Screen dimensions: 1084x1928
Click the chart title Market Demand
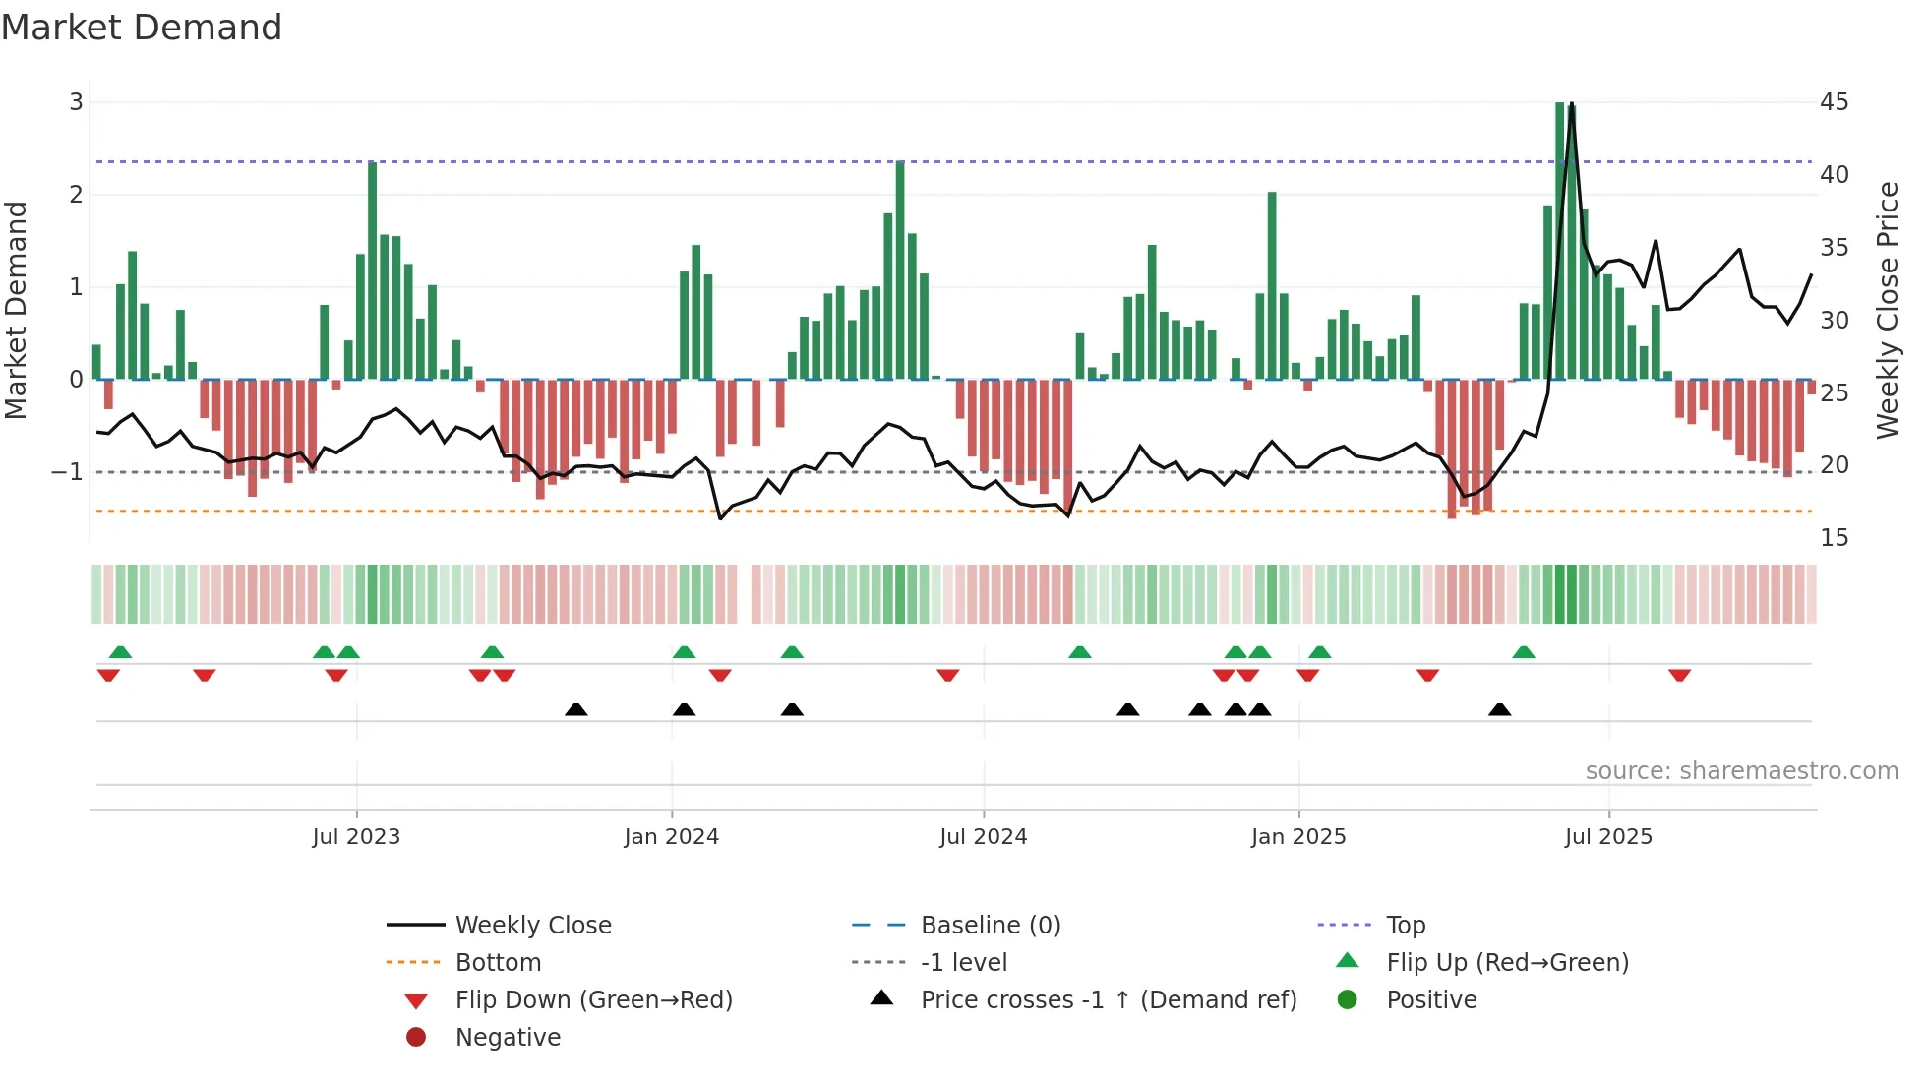coord(142,28)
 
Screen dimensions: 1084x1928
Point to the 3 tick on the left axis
coord(76,102)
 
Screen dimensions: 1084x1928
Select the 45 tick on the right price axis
coord(1834,102)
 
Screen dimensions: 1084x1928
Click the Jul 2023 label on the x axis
coord(356,837)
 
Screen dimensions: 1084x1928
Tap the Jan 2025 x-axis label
coord(1298,837)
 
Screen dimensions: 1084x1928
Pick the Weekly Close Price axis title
coord(1887,310)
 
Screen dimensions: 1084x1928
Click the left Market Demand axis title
coord(16,310)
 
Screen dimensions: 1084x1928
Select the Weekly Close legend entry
coord(532,925)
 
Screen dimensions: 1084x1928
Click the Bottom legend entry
coord(498,962)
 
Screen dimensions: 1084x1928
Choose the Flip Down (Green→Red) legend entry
coord(593,999)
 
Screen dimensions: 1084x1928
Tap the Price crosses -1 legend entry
coord(1108,999)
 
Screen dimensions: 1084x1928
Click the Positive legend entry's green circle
coord(1348,999)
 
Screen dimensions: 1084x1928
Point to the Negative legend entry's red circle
coord(416,1037)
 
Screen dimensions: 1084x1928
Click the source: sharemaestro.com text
coord(1741,770)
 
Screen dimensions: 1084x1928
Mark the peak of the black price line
coord(1571,104)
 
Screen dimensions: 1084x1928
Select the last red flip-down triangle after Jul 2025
coord(1679,675)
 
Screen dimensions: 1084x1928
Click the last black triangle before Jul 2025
coord(1499,709)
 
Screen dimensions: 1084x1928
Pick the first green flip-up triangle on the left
coord(120,652)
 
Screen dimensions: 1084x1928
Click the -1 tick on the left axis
coord(68,472)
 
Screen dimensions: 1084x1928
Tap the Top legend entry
coord(1405,925)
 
